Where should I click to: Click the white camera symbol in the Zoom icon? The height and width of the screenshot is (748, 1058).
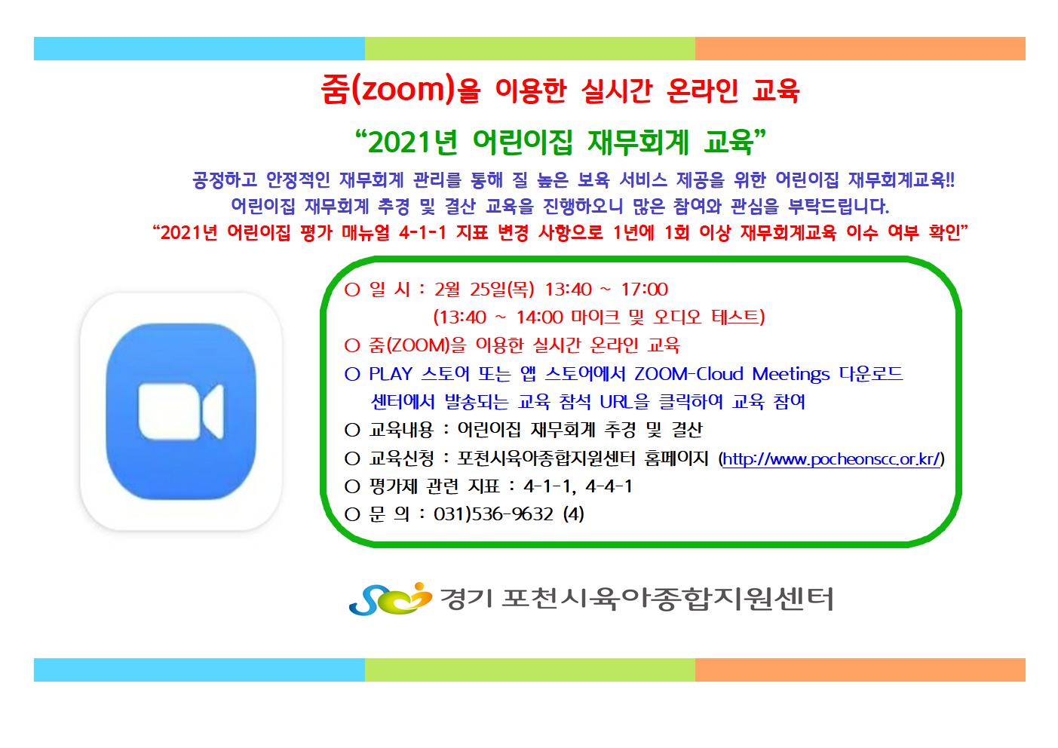181,411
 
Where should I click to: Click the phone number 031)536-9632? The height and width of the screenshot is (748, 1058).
494,513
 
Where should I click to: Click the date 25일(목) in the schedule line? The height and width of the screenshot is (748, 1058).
501,289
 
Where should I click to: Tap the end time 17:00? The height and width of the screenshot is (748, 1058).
644,289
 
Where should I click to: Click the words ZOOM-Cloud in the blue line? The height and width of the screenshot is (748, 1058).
688,373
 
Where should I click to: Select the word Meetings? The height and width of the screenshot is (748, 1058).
790,375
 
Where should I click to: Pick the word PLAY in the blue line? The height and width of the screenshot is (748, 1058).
391,373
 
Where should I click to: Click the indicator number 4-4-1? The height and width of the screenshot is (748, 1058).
609,486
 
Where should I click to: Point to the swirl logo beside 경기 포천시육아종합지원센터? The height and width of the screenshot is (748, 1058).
390,599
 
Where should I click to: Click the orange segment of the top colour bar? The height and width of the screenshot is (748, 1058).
860,49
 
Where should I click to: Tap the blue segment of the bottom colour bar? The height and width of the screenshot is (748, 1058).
199,670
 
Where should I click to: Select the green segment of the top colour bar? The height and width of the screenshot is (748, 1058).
529,49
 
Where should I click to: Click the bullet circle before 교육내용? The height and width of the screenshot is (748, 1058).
352,431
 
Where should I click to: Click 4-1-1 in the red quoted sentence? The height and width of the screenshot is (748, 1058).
422,232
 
